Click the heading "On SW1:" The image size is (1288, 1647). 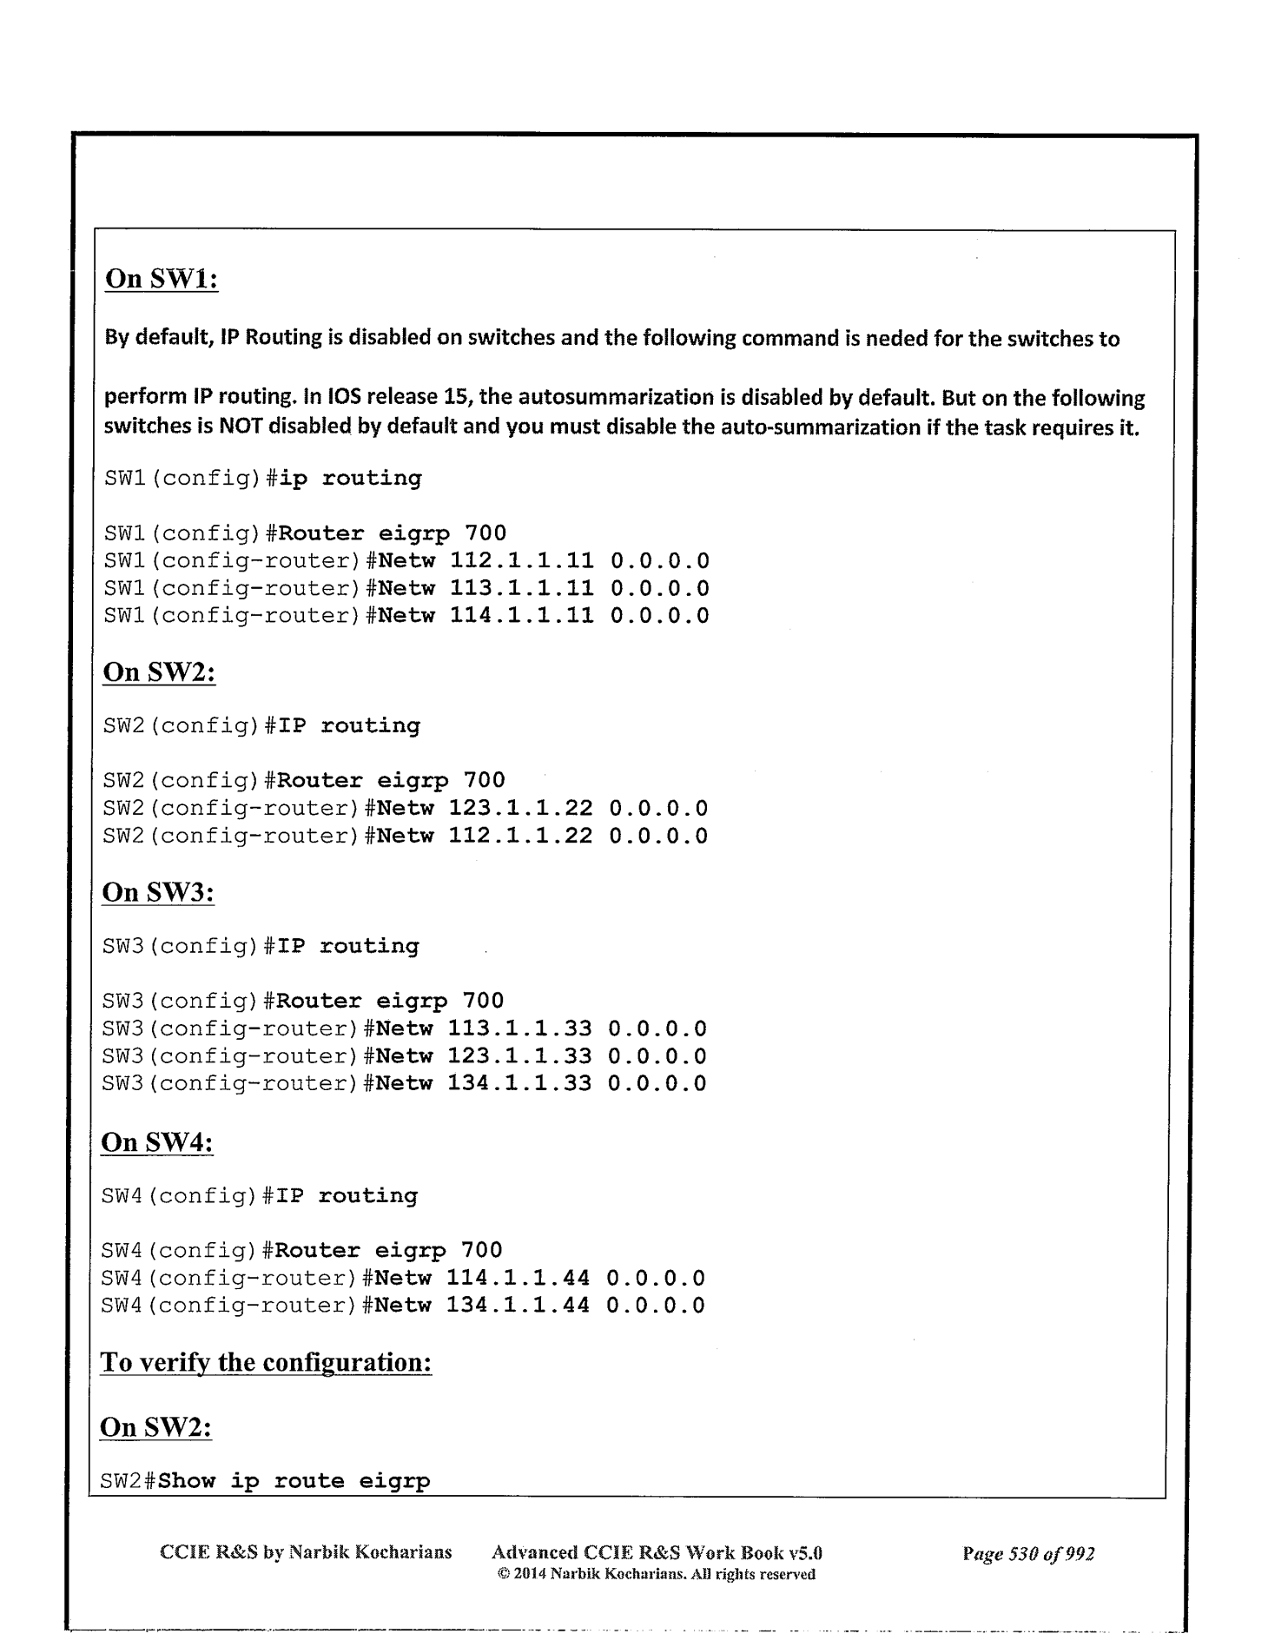point(161,279)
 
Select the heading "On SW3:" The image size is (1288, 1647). point(158,892)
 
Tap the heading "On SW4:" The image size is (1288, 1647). point(157,1142)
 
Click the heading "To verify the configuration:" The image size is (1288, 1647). point(266,1362)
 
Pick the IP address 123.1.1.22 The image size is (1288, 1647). point(520,809)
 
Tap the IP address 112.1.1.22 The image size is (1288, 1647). point(520,837)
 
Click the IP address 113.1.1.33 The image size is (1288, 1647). point(519,1029)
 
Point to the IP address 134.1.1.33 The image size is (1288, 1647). point(519,1084)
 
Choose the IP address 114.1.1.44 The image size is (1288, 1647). point(518,1279)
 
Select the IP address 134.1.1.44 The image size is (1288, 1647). point(518,1306)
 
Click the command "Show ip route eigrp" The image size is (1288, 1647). point(294,1481)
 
